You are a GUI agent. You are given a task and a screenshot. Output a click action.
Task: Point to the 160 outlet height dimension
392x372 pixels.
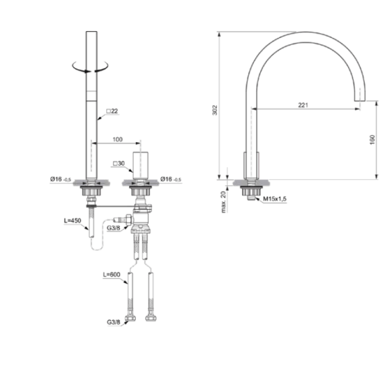(x=372, y=140)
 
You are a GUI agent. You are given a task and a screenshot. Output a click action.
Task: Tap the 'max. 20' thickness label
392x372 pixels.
(x=222, y=200)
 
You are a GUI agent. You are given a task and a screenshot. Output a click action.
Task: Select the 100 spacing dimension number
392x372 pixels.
(x=118, y=139)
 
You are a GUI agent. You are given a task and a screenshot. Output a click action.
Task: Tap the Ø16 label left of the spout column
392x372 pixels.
(x=60, y=179)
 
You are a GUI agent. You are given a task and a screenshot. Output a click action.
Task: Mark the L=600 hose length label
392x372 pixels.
(x=112, y=275)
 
